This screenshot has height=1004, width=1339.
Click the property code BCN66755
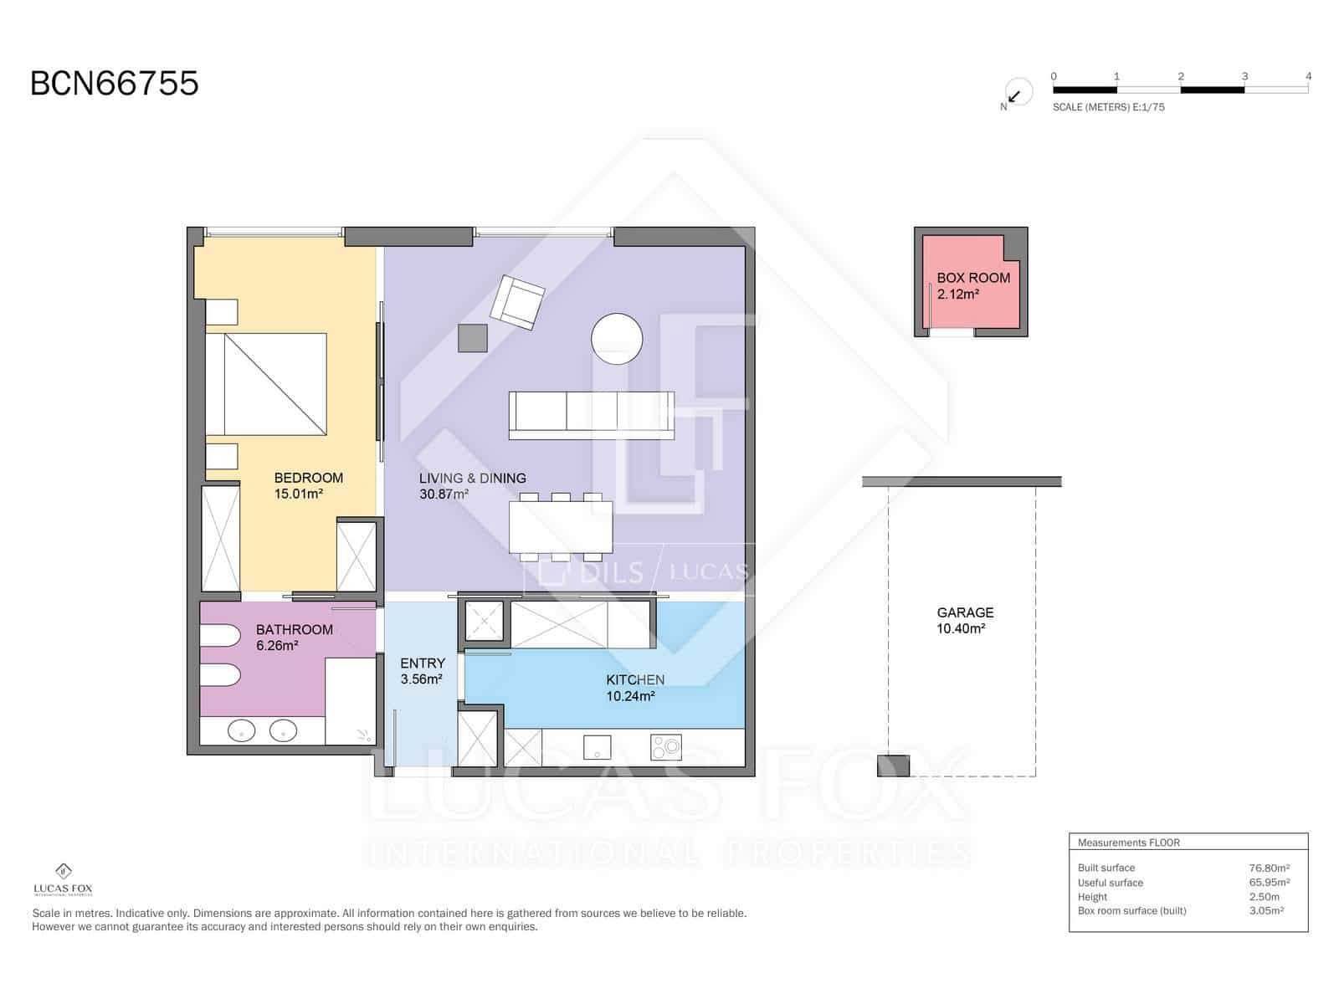(x=115, y=84)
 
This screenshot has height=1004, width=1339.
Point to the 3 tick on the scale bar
(x=1244, y=76)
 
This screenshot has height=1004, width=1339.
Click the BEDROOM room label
(x=308, y=478)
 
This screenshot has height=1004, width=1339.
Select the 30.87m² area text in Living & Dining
(x=444, y=494)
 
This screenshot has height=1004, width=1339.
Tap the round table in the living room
(x=617, y=339)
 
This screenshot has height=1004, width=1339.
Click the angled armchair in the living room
(x=517, y=302)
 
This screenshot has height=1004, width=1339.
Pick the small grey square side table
(x=473, y=338)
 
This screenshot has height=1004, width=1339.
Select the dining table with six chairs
(x=561, y=527)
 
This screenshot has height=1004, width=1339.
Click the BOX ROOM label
(x=972, y=278)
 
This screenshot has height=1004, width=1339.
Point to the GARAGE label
(x=965, y=612)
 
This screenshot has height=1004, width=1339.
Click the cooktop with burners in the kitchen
(x=666, y=747)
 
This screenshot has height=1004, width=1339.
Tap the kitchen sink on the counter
(x=598, y=747)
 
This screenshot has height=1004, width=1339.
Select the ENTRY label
(x=423, y=663)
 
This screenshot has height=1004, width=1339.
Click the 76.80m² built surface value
(x=1269, y=868)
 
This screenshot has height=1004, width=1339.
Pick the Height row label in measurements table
(x=1092, y=897)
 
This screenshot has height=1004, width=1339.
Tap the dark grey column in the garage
(x=893, y=766)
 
